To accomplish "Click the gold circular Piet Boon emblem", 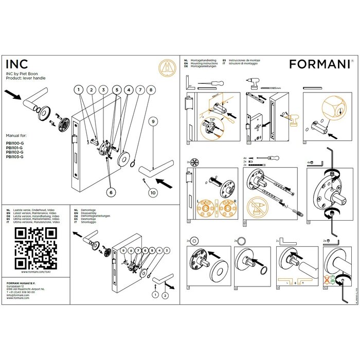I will [165, 68].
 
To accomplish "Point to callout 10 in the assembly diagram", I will [152, 192].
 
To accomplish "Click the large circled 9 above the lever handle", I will [152, 122].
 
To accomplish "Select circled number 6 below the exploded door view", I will [110, 191].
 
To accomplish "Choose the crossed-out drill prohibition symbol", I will [259, 208].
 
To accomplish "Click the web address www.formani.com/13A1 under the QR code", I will [35, 272].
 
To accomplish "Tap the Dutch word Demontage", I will [90, 210].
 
